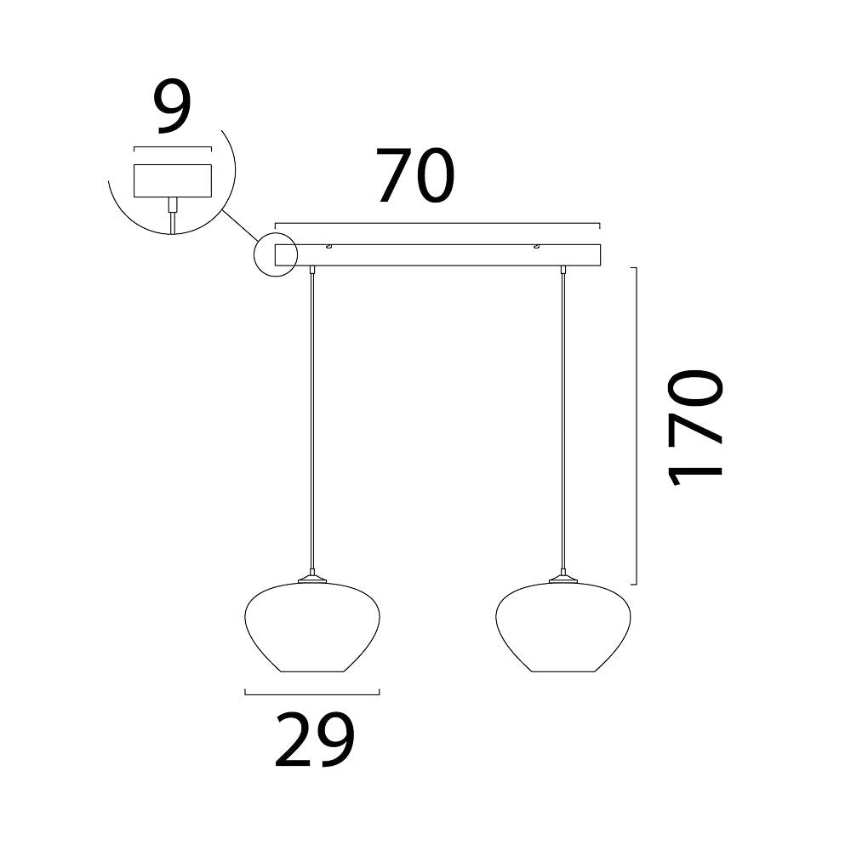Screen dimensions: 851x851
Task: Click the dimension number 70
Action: click(x=416, y=175)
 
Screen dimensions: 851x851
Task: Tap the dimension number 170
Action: click(x=695, y=426)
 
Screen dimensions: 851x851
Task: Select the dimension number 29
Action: click(x=315, y=740)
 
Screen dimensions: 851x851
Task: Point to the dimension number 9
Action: click(x=173, y=107)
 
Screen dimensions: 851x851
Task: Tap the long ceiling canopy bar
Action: click(x=437, y=255)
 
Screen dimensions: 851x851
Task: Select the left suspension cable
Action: click(x=311, y=420)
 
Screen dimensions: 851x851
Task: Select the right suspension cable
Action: click(x=563, y=420)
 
